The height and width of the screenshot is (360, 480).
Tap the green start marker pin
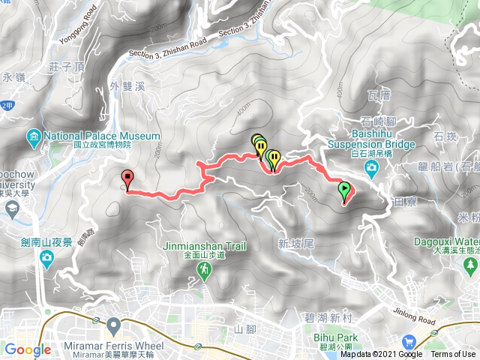click(x=345, y=190)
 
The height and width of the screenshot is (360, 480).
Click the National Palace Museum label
click(x=103, y=136)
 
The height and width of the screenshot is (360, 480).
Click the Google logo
click(x=28, y=349)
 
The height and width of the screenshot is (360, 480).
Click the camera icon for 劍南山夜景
click(x=46, y=259)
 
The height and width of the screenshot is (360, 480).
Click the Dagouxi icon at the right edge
click(x=471, y=265)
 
